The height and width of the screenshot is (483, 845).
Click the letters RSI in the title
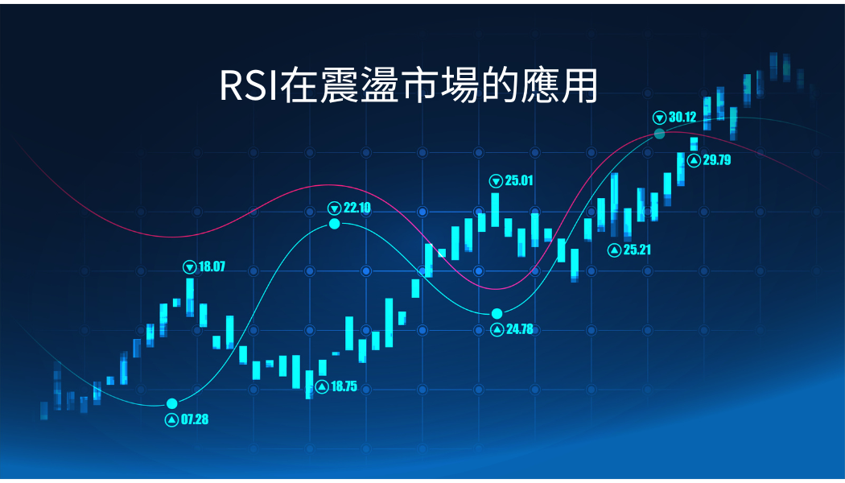pyautogui.click(x=249, y=85)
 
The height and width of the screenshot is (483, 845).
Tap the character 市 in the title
pyautogui.click(x=418, y=85)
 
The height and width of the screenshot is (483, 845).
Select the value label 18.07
pyautogui.click(x=212, y=266)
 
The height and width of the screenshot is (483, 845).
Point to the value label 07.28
pyautogui.click(x=195, y=419)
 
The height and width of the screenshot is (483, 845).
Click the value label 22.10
pyautogui.click(x=357, y=208)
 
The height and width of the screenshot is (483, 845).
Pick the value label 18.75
pyautogui.click(x=344, y=386)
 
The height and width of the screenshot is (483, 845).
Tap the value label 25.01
pyautogui.click(x=519, y=180)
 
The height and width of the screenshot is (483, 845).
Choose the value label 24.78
pyautogui.click(x=520, y=328)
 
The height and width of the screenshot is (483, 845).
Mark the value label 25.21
pyautogui.click(x=637, y=250)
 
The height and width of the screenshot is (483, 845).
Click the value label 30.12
pyautogui.click(x=682, y=117)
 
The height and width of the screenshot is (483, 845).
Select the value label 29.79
pyautogui.click(x=717, y=159)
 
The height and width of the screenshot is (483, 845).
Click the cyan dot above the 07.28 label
pyautogui.click(x=172, y=404)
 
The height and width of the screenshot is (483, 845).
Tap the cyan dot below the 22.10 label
pyautogui.click(x=335, y=224)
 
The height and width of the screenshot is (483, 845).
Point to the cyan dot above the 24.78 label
pyautogui.click(x=497, y=314)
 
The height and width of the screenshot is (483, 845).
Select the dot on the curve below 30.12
pyautogui.click(x=659, y=134)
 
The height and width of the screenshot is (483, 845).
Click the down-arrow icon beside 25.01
pyautogui.click(x=496, y=181)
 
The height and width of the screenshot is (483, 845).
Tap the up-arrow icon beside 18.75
pyautogui.click(x=322, y=386)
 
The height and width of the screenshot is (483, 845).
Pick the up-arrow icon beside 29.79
pyautogui.click(x=694, y=160)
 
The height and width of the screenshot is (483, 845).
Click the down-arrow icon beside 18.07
pyautogui.click(x=190, y=266)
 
